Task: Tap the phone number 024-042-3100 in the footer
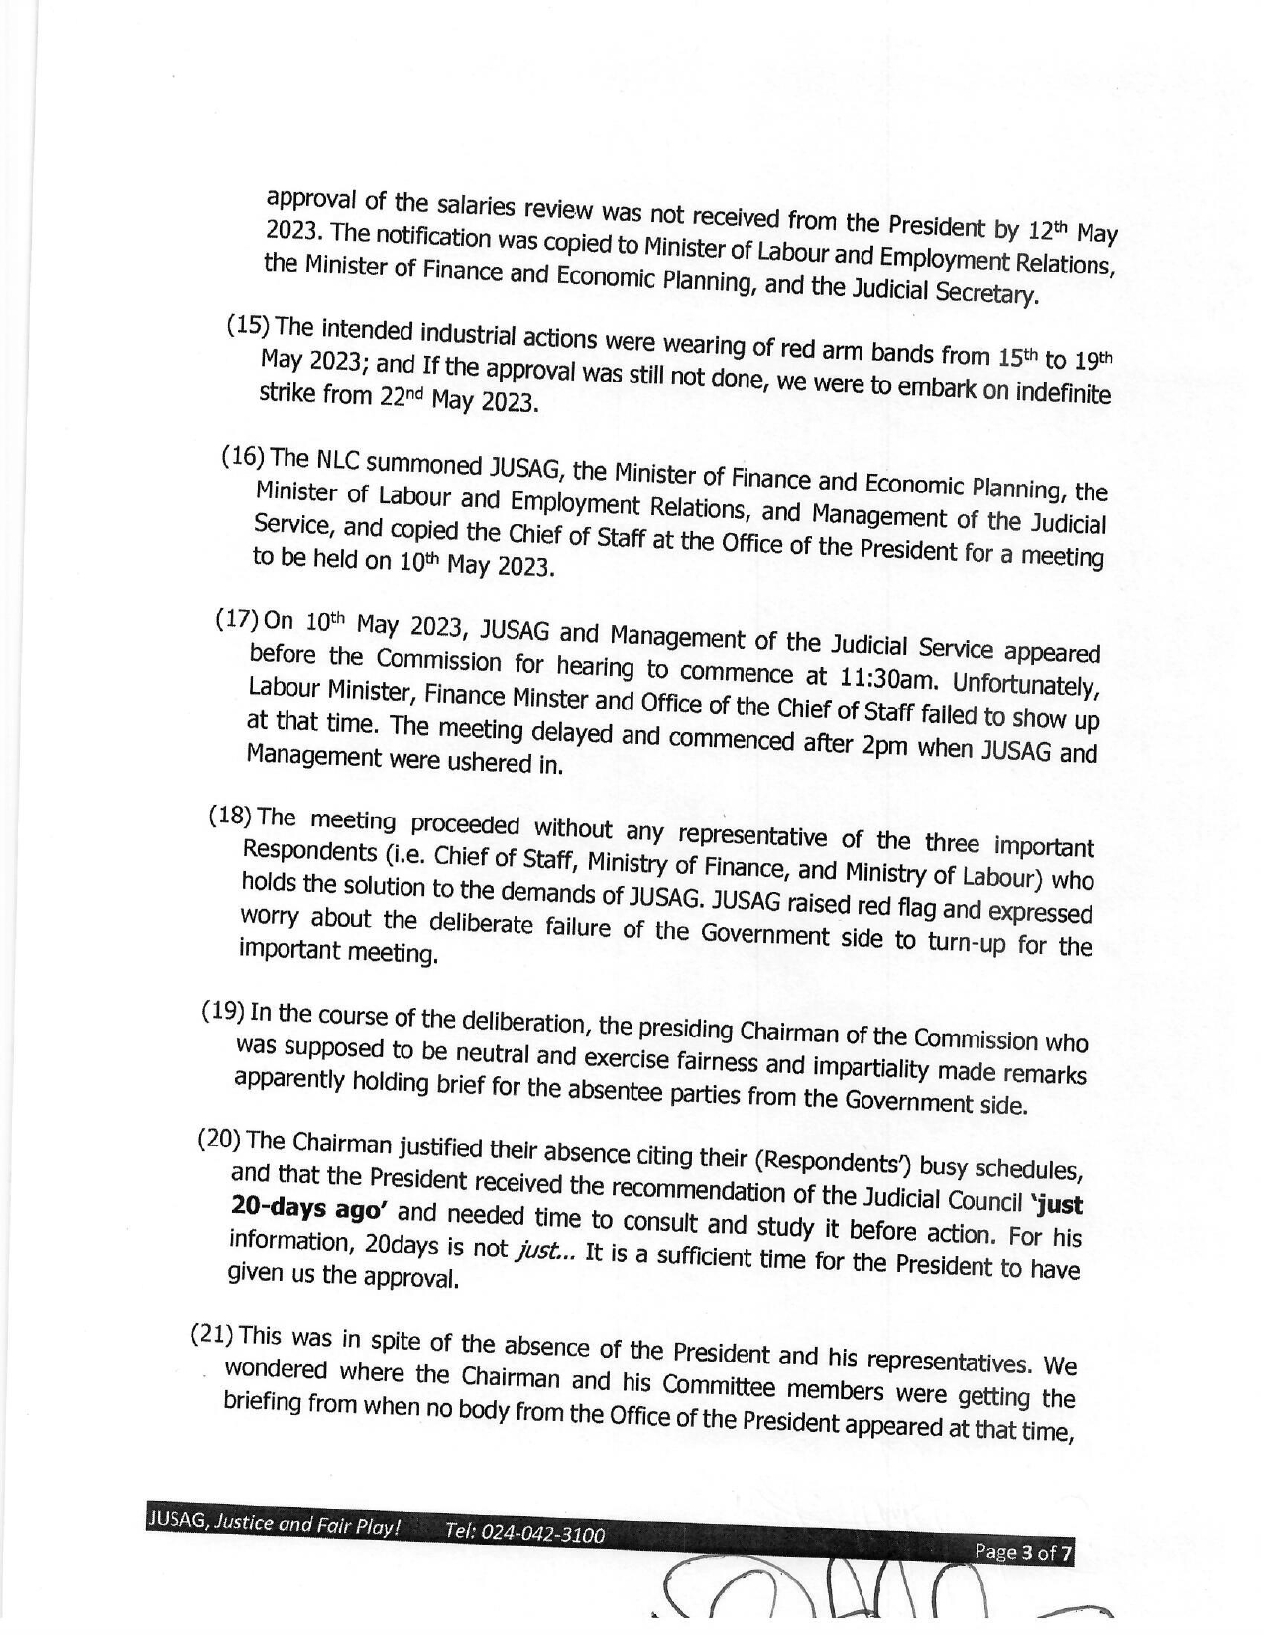pos(524,1535)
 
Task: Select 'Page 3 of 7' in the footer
pos(1023,1552)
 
